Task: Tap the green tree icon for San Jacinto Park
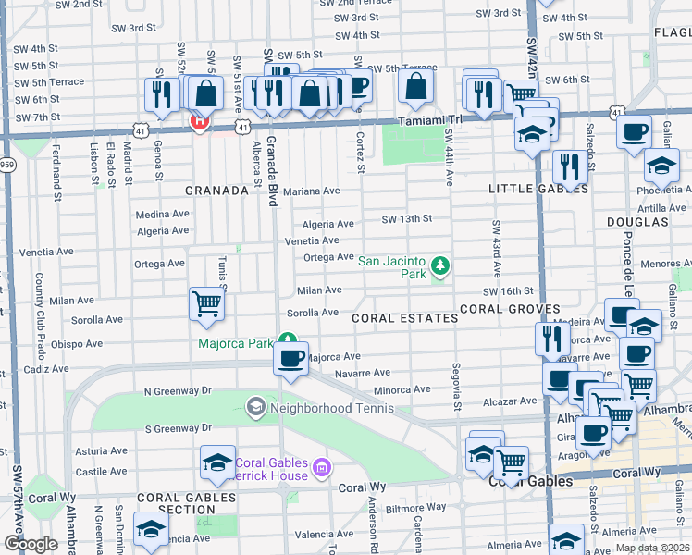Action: (x=441, y=267)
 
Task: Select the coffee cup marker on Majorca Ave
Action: (x=291, y=358)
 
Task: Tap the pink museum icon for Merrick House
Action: (x=321, y=469)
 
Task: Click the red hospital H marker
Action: (x=198, y=120)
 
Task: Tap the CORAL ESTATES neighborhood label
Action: (x=404, y=317)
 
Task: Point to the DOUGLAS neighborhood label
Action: (x=637, y=223)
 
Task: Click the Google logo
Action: (x=30, y=544)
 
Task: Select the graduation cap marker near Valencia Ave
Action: (x=150, y=530)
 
